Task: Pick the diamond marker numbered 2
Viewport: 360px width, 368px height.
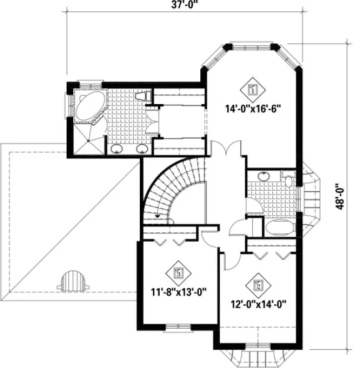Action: click(258, 287)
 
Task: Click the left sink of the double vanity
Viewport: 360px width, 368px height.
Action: click(117, 148)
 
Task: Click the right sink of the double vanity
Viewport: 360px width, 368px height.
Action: click(141, 148)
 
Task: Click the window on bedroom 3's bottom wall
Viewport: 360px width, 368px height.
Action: click(176, 327)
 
